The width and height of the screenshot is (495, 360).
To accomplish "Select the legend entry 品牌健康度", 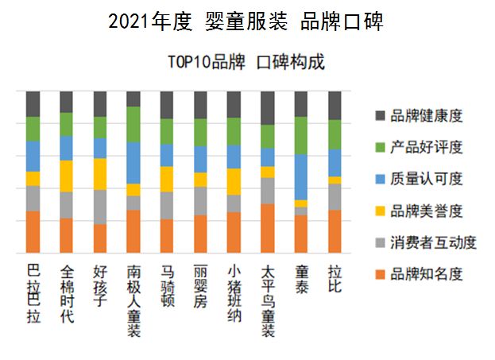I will (x=426, y=116).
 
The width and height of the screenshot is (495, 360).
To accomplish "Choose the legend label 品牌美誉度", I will (x=426, y=211).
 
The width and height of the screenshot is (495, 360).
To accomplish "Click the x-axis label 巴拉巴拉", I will (x=33, y=294).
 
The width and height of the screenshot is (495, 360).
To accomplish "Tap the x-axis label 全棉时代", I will (x=67, y=294).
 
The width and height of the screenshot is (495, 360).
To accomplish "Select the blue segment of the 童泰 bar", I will (x=301, y=176).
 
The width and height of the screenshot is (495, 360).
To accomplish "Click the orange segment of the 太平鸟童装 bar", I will (x=268, y=228).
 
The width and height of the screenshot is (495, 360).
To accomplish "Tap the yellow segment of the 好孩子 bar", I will (x=100, y=173).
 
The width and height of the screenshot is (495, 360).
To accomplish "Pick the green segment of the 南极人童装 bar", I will (x=133, y=124).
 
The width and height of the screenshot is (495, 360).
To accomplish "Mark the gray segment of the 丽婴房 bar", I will (x=200, y=200).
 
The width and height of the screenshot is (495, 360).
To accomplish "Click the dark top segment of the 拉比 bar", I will (x=335, y=105).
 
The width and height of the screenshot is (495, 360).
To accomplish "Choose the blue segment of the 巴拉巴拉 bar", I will (x=33, y=156).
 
